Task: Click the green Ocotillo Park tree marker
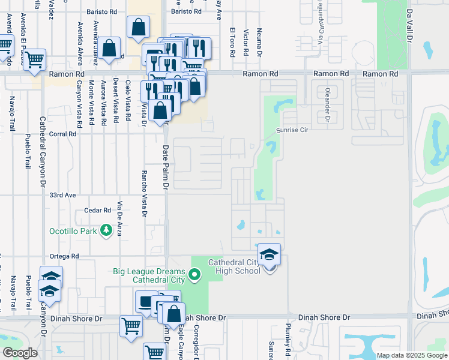(106, 230)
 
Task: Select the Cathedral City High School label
(235, 266)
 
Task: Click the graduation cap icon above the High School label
(270, 254)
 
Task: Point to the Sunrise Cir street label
(292, 130)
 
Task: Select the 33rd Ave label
(63, 196)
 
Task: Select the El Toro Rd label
(232, 41)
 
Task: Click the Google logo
(20, 353)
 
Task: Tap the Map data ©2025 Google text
(412, 355)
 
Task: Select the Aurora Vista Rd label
(104, 102)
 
